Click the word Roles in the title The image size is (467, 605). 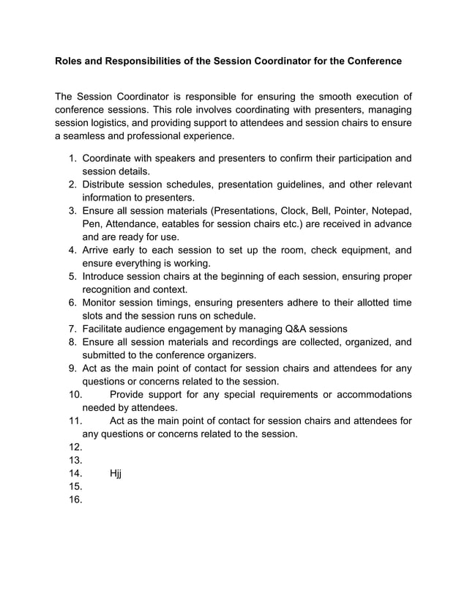coord(70,62)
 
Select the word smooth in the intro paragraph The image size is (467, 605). coord(320,97)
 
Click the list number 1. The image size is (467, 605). coord(72,158)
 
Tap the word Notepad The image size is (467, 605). coord(390,211)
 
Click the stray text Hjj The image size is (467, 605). coord(115,474)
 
